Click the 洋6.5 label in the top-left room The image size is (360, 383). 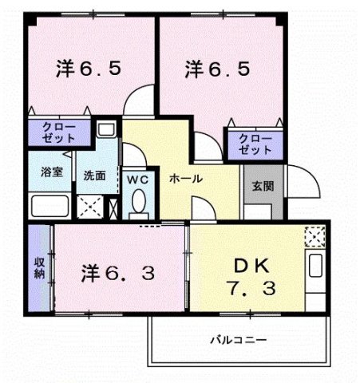click(89, 69)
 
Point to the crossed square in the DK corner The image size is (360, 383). click(315, 235)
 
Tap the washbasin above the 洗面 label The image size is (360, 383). click(105, 130)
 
